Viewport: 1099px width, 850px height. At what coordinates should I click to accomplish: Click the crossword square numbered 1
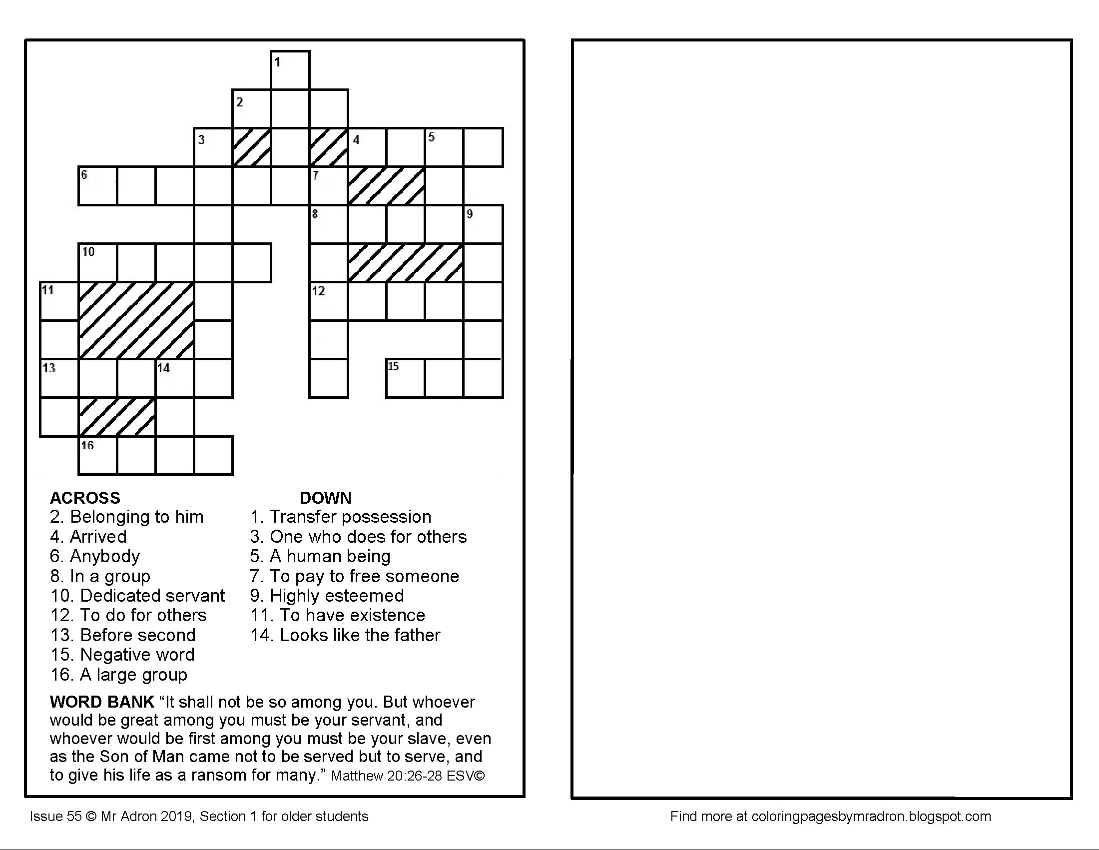[x=290, y=70]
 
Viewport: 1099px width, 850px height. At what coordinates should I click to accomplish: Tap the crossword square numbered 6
[x=97, y=186]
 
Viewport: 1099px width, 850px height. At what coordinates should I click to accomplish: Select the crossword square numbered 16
[x=97, y=455]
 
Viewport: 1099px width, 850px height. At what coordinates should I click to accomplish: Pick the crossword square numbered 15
[x=405, y=378]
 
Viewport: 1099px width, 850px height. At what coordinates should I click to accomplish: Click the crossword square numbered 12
[x=329, y=301]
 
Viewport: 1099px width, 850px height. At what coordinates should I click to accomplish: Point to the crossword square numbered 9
[x=483, y=224]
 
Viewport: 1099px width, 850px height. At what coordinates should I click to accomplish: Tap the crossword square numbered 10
[x=97, y=263]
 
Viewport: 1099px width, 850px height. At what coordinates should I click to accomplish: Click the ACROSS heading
[x=85, y=498]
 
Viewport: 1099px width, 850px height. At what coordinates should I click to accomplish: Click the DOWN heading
[x=325, y=498]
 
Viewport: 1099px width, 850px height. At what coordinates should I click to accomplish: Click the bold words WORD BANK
[x=101, y=702]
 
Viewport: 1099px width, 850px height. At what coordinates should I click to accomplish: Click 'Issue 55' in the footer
[x=55, y=817]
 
